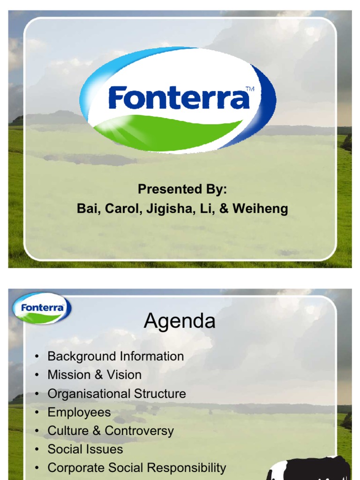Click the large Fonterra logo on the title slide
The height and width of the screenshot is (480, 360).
pos(178,100)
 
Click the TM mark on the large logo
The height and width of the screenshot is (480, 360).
pos(249,89)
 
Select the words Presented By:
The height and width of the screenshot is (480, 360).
pos(182,189)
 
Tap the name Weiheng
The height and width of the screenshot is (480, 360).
pos(260,209)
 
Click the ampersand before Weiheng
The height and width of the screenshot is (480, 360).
pos(224,209)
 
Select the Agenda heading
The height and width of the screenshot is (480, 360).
pos(180,321)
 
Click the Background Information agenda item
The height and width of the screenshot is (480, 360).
pos(116,356)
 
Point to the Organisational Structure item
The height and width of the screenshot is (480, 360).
pos(117,394)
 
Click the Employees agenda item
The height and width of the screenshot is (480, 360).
pos(79,412)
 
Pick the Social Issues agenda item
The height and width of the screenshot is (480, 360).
pos(85,449)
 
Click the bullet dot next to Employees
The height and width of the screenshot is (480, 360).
pos(37,413)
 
